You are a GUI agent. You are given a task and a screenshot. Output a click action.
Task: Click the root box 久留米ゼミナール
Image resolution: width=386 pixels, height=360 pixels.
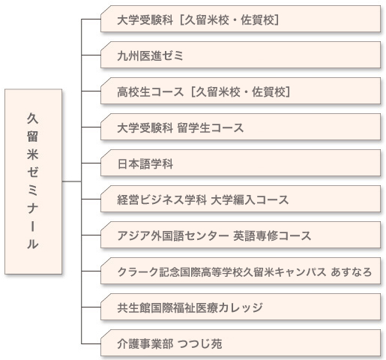click(34, 181)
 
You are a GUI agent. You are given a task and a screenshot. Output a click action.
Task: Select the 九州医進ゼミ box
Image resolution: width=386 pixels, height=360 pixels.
click(241, 55)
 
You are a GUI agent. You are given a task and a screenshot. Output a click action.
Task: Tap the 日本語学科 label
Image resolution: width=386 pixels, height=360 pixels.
click(145, 164)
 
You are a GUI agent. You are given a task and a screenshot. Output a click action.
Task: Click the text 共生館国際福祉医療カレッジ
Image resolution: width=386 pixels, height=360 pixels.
click(190, 307)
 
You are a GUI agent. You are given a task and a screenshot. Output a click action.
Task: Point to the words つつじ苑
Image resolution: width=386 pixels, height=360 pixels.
click(199, 343)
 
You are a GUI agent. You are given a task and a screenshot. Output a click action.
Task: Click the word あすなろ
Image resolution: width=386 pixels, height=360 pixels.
click(352, 272)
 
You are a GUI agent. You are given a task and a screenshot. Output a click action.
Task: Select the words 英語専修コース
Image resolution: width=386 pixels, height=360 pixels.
click(272, 235)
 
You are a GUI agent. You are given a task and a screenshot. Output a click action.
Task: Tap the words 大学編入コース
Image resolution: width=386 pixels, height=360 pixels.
click(250, 200)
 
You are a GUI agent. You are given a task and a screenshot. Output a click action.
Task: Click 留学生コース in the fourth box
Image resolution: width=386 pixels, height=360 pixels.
click(211, 128)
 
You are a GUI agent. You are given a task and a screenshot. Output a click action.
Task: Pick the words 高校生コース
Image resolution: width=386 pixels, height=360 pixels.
click(151, 92)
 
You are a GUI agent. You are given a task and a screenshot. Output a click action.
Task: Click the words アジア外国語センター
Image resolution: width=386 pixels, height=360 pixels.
click(173, 235)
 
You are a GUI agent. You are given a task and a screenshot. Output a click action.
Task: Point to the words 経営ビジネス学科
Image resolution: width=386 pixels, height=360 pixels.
click(162, 200)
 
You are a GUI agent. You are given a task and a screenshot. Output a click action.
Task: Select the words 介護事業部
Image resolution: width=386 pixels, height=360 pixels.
click(145, 343)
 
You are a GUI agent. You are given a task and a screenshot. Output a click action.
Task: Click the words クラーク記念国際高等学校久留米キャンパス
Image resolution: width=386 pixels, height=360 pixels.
click(222, 272)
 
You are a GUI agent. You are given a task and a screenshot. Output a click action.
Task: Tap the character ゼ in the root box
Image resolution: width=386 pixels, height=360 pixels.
click(33, 172)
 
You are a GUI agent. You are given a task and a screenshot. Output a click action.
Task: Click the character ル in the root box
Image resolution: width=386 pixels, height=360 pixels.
click(33, 244)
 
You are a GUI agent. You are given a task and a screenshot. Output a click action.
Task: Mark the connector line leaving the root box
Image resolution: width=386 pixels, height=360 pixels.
click(72, 181)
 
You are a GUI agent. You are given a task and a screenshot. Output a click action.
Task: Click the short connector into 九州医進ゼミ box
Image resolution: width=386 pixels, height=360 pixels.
click(91, 55)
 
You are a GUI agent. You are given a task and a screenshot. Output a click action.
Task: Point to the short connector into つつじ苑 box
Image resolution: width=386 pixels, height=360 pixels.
click(91, 343)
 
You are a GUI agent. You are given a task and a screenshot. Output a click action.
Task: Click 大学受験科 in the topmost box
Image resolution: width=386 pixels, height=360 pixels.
click(145, 20)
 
